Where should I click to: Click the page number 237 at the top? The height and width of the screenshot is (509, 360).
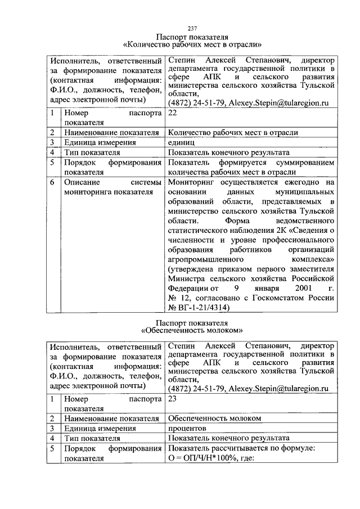(192, 28)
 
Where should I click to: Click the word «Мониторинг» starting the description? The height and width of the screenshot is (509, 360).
(190, 183)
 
